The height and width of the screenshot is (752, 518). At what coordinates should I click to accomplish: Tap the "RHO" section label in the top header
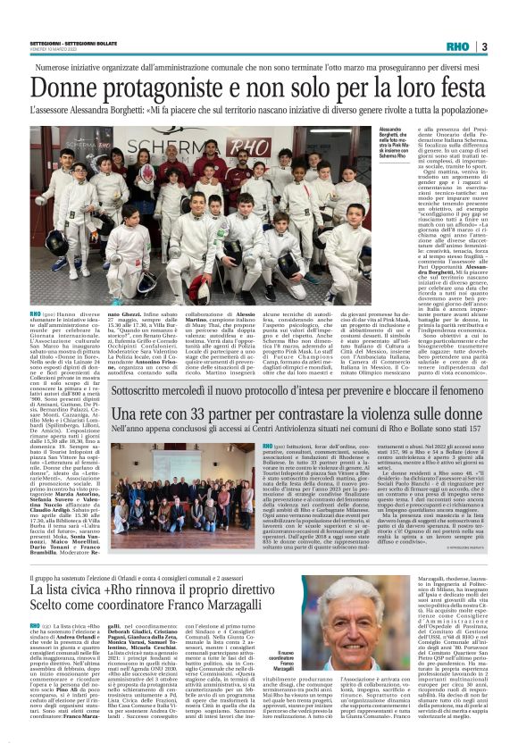pyautogui.click(x=458, y=45)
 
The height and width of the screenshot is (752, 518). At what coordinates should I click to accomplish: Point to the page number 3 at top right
pyautogui.click(x=483, y=45)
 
